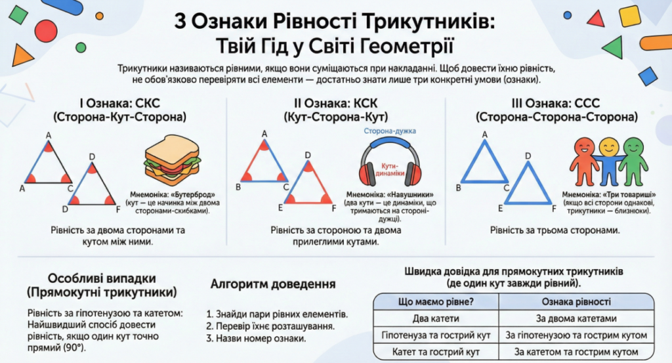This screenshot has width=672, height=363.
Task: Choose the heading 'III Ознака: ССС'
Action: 555,104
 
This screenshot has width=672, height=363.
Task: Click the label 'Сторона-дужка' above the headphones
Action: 390,131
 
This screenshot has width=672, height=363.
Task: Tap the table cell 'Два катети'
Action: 435,319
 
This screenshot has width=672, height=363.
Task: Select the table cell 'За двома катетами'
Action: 576,319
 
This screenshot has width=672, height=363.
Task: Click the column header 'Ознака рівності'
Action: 576,302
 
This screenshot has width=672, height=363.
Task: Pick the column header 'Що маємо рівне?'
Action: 435,302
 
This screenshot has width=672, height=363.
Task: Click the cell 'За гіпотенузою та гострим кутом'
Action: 576,335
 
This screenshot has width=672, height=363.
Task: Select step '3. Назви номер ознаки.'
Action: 255,339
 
